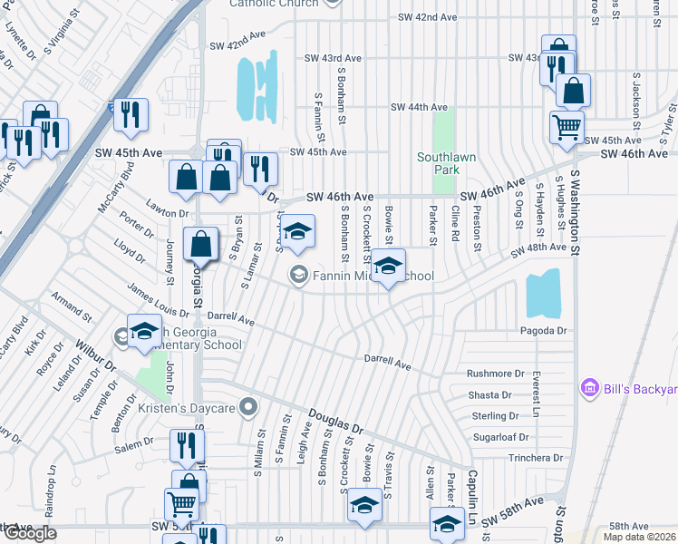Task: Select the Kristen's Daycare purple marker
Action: [248, 408]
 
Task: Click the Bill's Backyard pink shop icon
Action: [590, 388]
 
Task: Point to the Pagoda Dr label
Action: [544, 331]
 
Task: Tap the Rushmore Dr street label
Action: [496, 374]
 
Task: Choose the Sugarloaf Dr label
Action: [499, 437]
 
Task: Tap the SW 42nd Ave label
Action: [431, 17]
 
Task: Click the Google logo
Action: [30, 533]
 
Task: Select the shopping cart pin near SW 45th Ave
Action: [567, 128]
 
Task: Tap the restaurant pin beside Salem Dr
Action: [188, 445]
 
